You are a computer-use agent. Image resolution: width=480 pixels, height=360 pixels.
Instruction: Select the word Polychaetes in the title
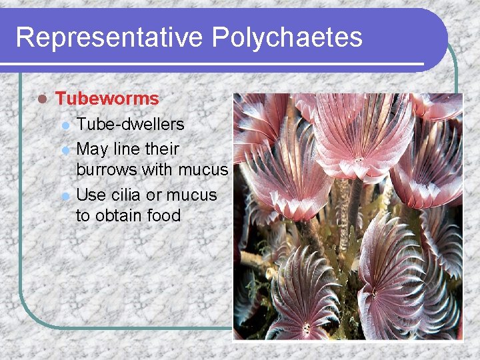(x=287, y=37)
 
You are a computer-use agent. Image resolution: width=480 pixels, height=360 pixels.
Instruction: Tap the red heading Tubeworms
(x=107, y=99)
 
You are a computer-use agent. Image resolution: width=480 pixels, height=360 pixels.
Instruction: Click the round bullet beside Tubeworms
(x=42, y=99)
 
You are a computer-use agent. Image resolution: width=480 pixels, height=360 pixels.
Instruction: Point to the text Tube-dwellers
(x=130, y=124)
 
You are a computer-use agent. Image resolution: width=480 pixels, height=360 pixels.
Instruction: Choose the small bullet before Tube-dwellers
(x=65, y=125)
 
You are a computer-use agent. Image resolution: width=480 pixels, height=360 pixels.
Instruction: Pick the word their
(x=162, y=148)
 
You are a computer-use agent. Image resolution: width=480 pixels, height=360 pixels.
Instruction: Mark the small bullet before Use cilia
(x=65, y=196)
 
